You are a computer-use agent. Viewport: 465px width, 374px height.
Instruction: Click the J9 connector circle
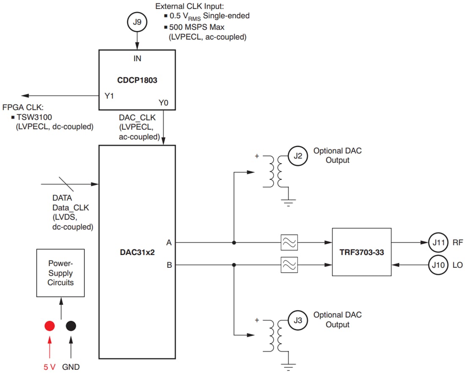[x=137, y=22]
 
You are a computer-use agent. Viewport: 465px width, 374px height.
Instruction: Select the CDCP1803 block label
[x=137, y=80]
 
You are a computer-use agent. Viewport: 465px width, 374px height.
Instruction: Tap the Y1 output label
[x=110, y=96]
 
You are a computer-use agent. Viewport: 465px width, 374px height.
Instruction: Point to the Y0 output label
[x=164, y=102]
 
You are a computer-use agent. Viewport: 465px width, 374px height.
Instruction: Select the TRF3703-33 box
[x=362, y=251]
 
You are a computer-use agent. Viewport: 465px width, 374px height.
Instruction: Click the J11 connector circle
[x=439, y=243]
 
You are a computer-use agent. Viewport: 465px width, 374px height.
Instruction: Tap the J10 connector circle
[x=439, y=265]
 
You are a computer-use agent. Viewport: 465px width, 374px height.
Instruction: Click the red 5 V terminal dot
[x=49, y=326]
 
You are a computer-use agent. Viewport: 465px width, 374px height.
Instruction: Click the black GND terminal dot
[x=71, y=326]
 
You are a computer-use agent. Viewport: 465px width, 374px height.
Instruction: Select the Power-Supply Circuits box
[x=60, y=273]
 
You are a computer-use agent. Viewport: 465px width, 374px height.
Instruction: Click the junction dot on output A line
[x=233, y=243]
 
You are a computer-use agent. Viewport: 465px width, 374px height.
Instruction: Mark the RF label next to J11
[x=458, y=243]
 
